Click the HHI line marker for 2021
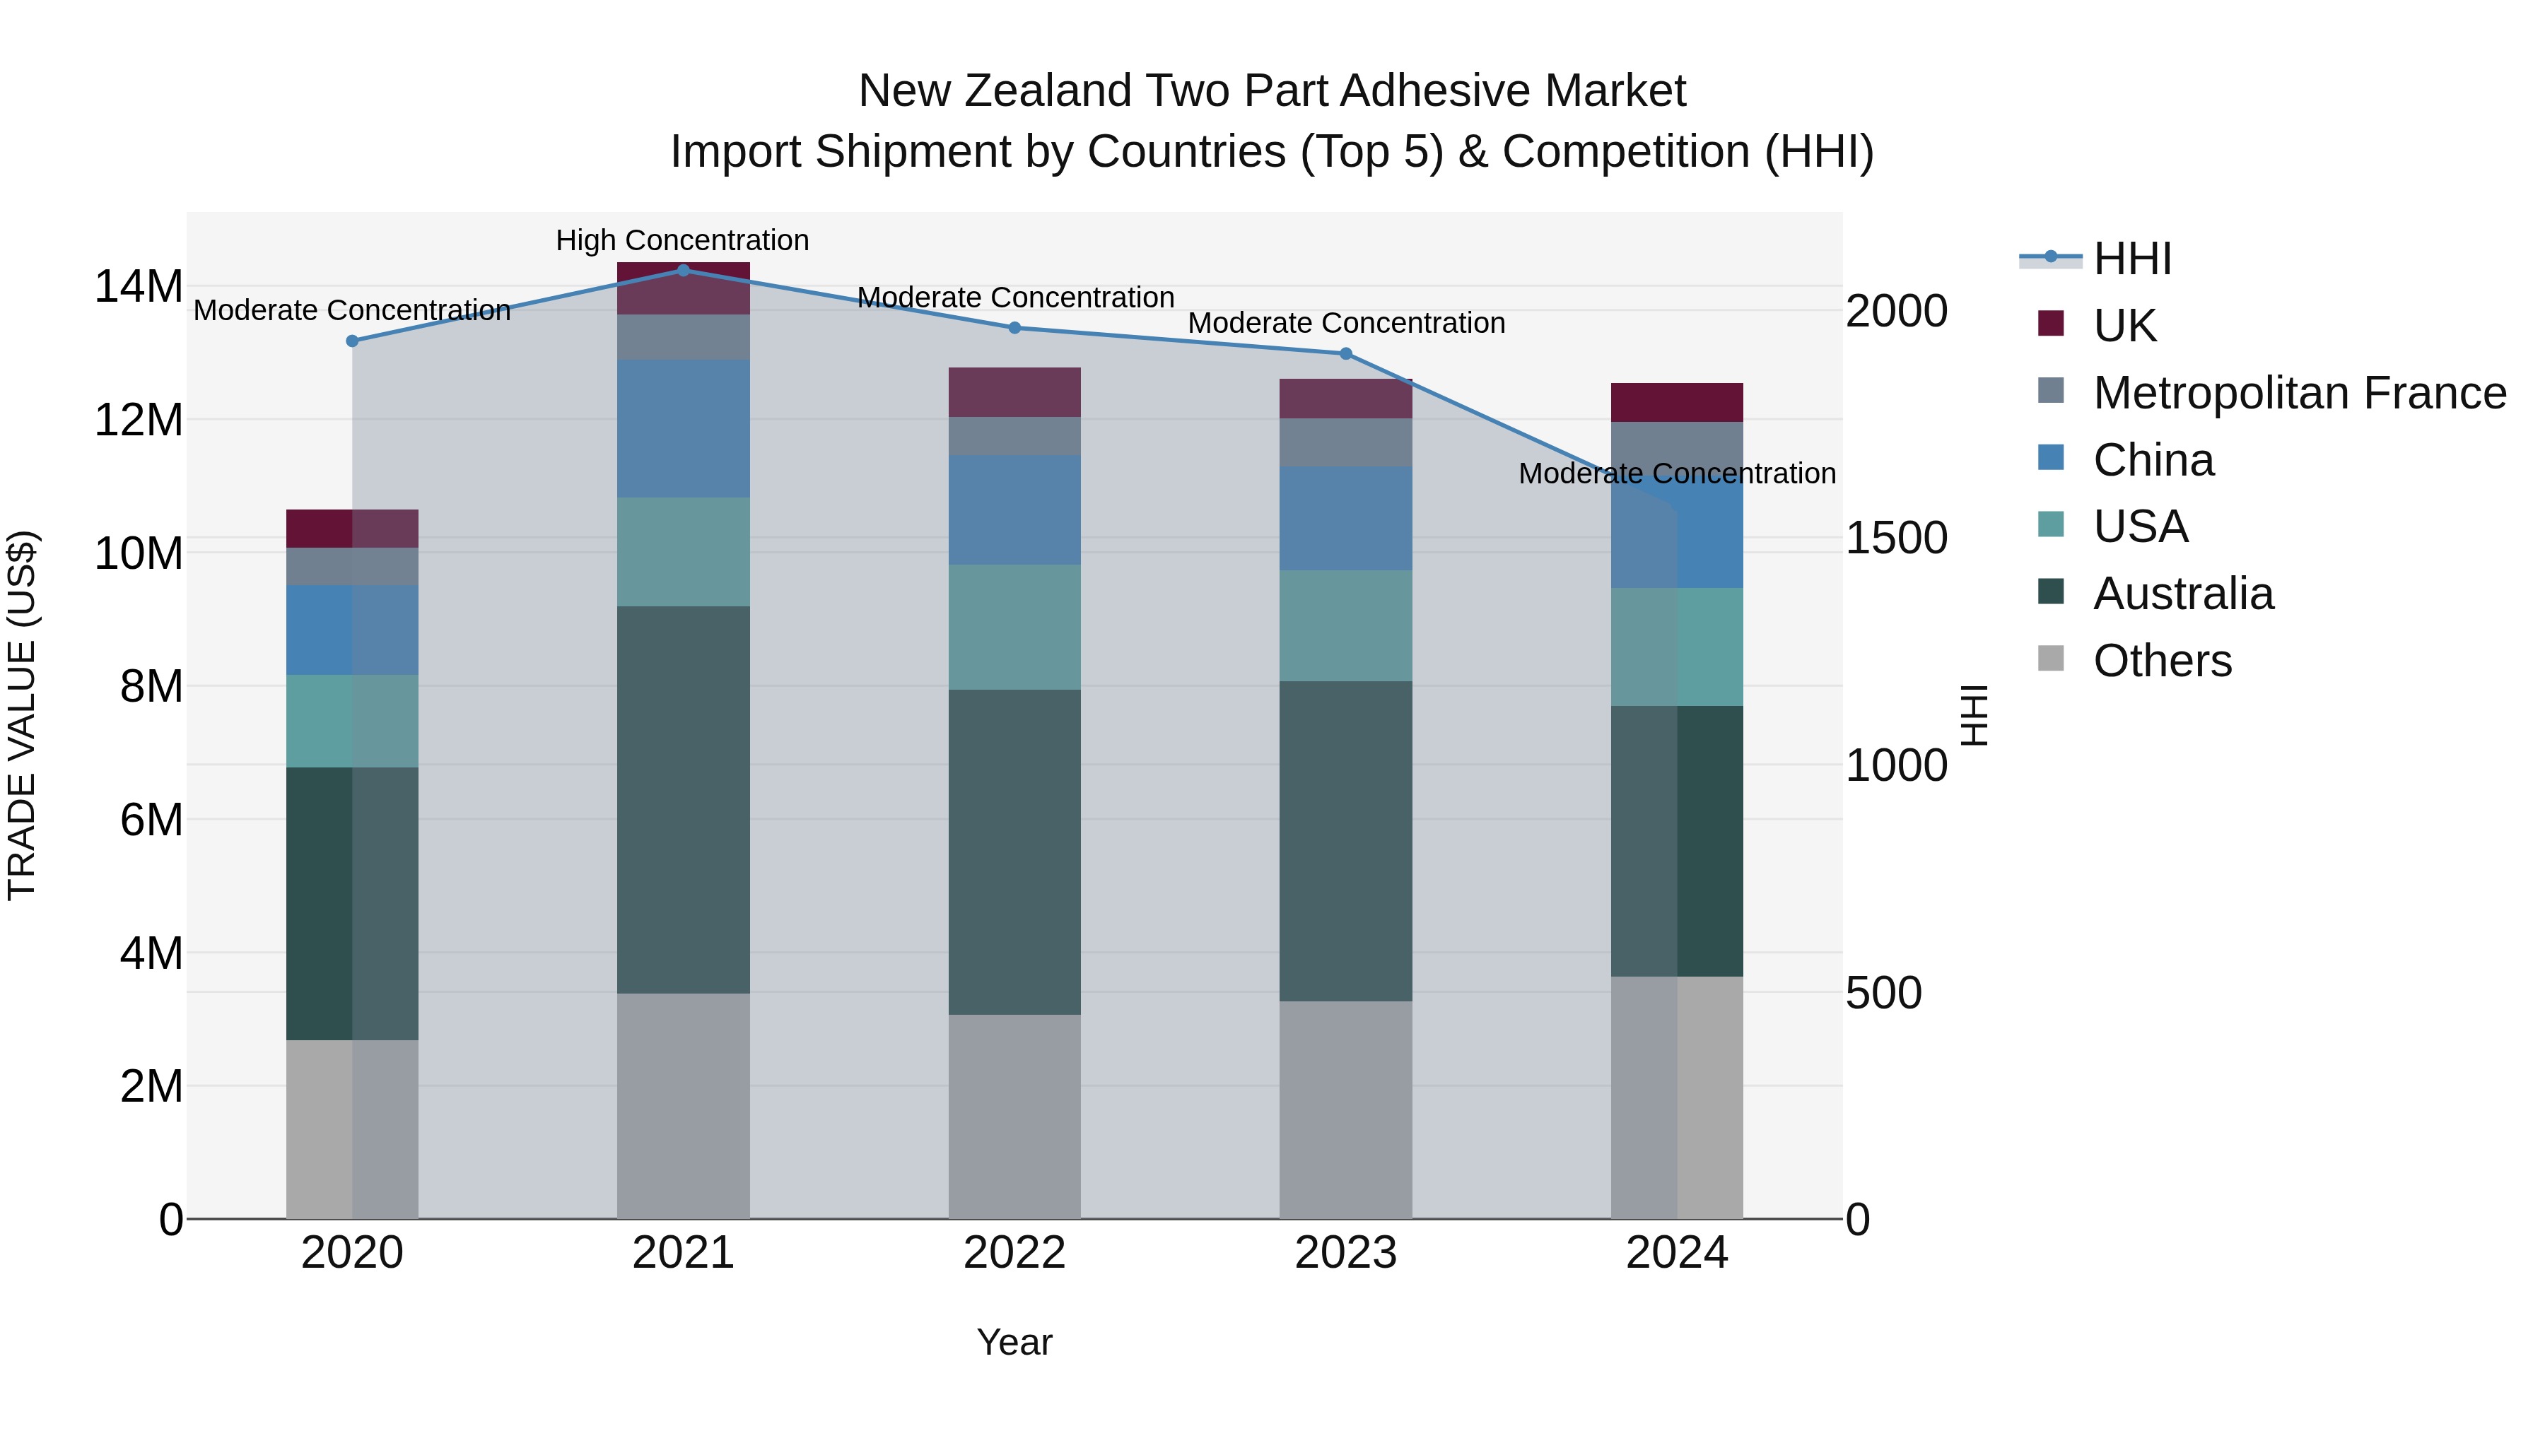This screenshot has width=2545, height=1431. point(683,270)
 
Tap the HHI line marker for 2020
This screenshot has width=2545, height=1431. point(352,341)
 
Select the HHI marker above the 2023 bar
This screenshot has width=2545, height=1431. point(1345,353)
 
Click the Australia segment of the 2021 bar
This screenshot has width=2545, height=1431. point(683,799)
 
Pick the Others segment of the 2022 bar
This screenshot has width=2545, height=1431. point(1014,1116)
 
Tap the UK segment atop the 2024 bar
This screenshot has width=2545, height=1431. point(1677,402)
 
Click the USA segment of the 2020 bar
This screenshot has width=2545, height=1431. point(352,721)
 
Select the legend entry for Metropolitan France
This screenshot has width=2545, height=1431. point(2299,393)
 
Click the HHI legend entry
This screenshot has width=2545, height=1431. point(2132,259)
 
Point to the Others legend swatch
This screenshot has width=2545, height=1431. point(2050,659)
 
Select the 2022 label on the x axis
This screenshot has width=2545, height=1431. point(1014,1253)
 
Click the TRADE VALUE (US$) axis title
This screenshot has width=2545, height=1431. point(22,715)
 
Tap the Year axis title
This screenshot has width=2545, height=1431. point(1014,1342)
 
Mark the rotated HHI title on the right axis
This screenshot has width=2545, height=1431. point(1973,715)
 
